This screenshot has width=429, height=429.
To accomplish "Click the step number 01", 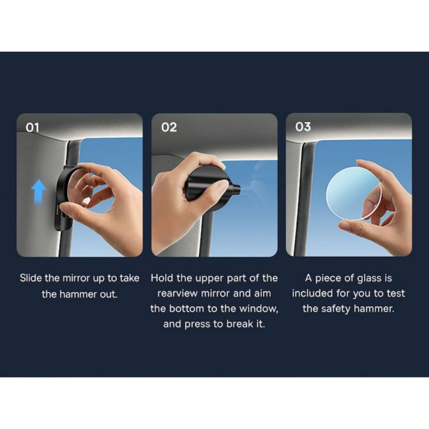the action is [32, 128].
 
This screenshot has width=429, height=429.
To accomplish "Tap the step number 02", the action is [169, 127].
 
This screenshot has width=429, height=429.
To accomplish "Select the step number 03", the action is [303, 127].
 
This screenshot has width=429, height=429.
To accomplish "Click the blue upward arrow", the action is [39, 191].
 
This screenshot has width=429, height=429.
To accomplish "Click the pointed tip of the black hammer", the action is [239, 188].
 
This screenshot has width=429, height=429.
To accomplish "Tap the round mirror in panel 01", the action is [79, 189].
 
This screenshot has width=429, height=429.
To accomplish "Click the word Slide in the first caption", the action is [31, 278].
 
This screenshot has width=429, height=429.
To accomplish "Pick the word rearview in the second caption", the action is [177, 293].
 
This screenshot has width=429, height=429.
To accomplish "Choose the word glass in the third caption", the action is [369, 278].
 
